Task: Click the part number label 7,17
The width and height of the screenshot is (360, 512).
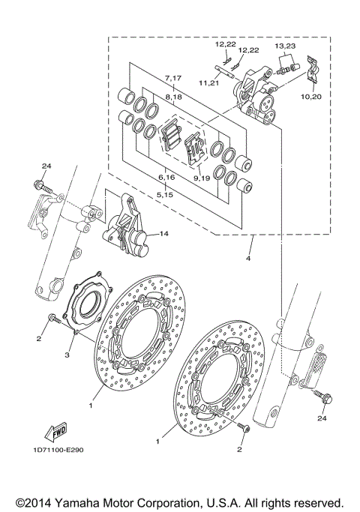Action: point(173,78)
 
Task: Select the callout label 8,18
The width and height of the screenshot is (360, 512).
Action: point(173,97)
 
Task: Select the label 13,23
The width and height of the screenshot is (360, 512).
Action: point(284,46)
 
